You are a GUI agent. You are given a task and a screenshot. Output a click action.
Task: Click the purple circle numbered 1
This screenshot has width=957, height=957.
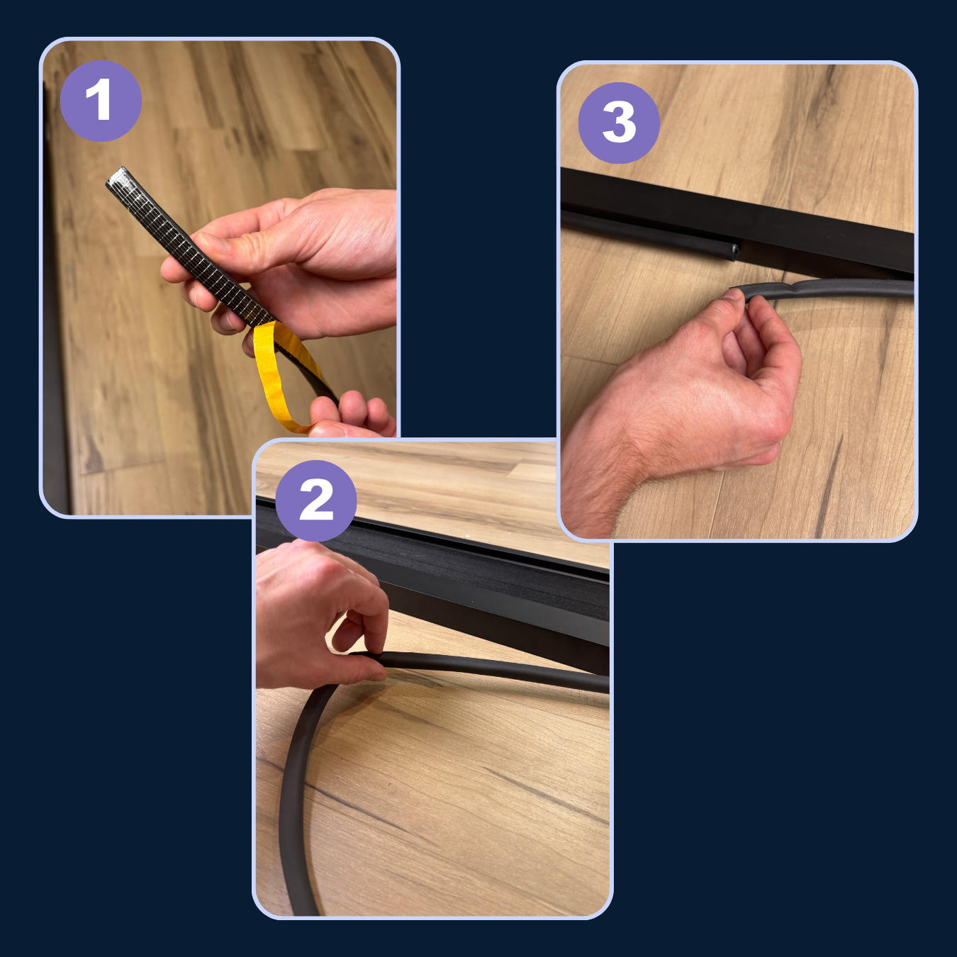tap(101, 101)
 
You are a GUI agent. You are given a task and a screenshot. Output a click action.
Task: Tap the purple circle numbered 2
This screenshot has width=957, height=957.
tap(316, 500)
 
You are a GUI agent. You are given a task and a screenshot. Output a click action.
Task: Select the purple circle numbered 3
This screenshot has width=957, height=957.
tap(619, 123)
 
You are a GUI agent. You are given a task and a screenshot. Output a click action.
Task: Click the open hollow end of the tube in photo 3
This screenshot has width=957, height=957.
tap(734, 251)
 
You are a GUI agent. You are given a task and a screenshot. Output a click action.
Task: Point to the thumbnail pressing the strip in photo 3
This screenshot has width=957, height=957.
tap(733, 295)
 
